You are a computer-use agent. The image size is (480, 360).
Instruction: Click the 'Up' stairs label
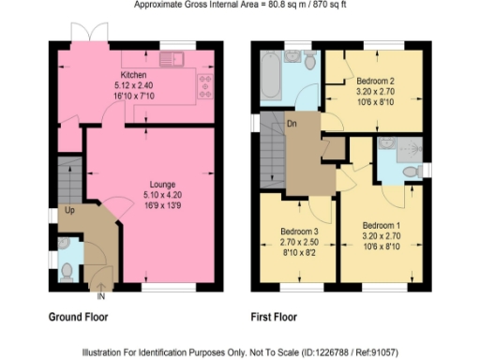tap(69, 212)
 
